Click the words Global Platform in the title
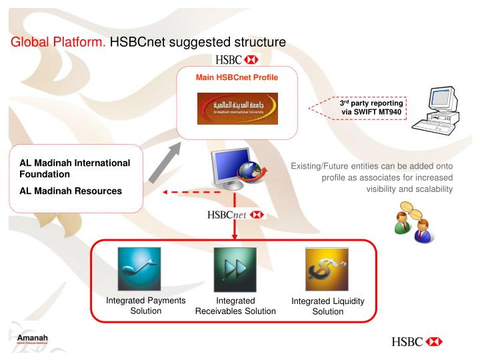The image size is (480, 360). click(x=58, y=43)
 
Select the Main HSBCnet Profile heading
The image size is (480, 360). click(x=237, y=77)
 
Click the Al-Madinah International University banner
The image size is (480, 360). click(x=237, y=109)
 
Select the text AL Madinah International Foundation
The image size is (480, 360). click(x=75, y=169)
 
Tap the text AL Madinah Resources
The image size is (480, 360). click(x=71, y=191)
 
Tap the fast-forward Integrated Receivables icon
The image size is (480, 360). click(x=235, y=268)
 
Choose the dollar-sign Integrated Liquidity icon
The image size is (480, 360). click(x=327, y=268)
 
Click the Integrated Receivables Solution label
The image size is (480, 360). click(x=235, y=306)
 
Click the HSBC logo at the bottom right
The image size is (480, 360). click(x=417, y=341)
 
